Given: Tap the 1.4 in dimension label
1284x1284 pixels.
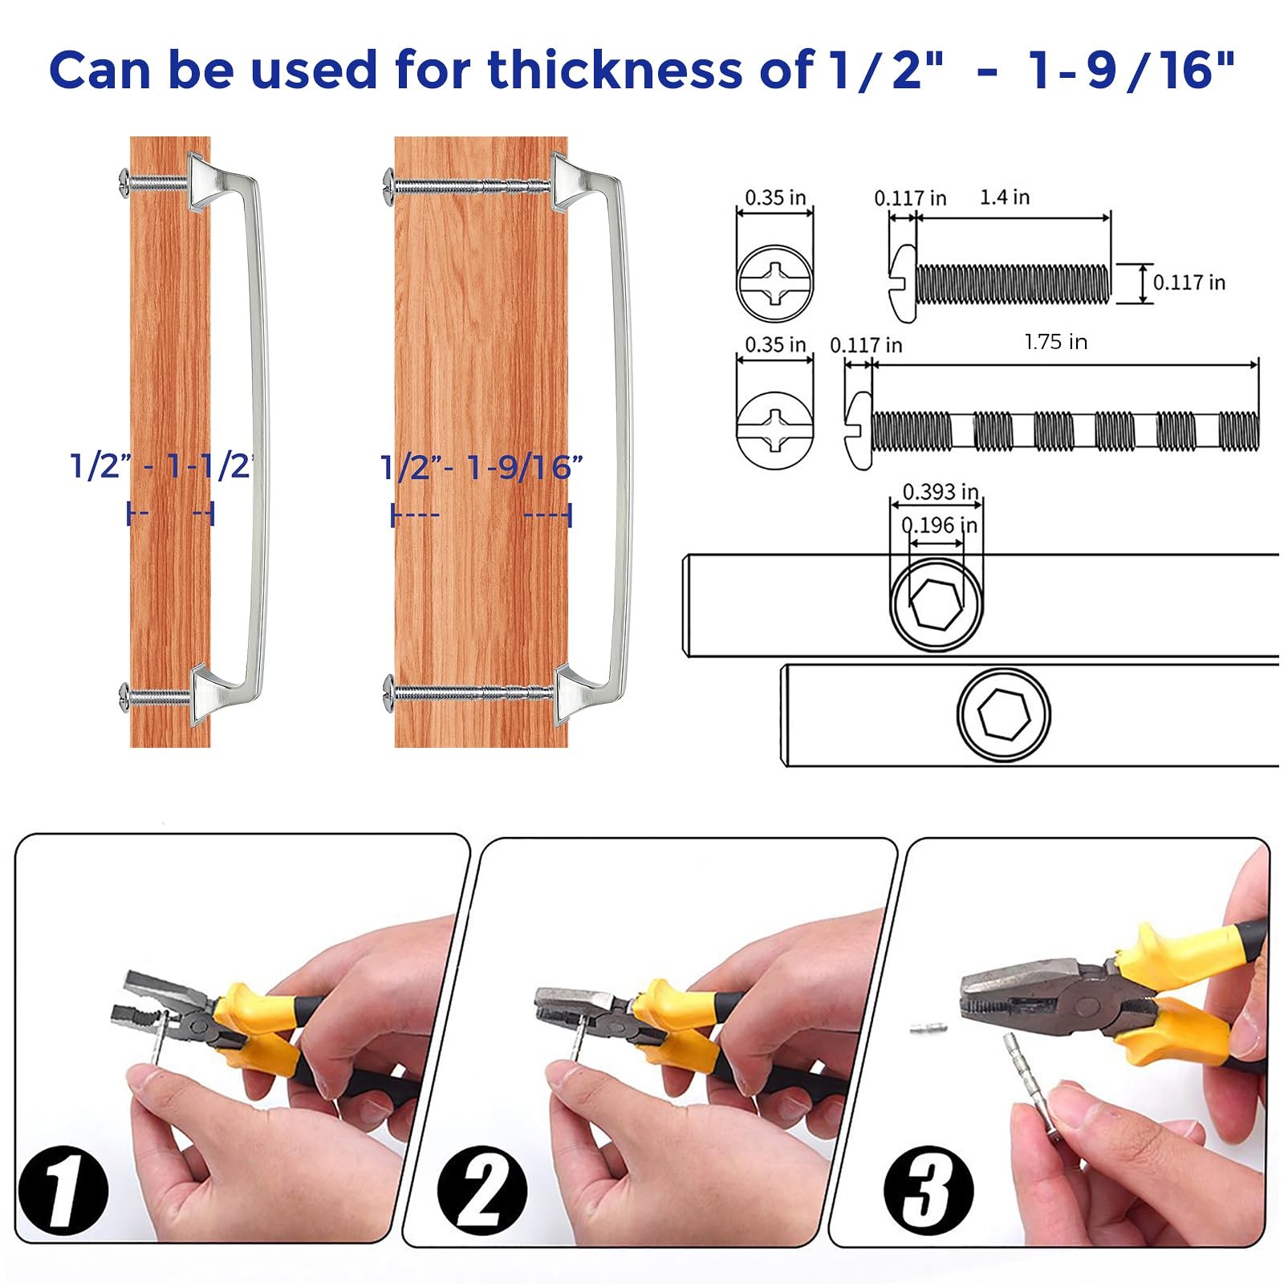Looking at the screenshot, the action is point(1004,197).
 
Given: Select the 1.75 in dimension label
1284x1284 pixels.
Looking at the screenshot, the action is point(1055,342).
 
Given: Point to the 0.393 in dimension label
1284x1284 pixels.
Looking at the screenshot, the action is point(940,491).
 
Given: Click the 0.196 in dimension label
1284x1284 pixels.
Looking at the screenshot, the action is point(940,525).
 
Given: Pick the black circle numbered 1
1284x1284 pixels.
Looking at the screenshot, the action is point(63,1192).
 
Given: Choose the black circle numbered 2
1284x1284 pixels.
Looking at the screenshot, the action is point(482,1190).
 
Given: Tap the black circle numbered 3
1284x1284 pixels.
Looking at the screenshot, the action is point(928,1190).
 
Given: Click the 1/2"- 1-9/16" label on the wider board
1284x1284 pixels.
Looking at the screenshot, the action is point(481,467).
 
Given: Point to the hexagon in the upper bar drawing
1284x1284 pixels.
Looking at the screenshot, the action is point(936,602).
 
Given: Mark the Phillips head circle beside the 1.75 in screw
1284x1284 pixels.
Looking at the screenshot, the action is point(774,429).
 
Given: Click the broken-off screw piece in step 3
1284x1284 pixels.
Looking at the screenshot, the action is point(929,1028).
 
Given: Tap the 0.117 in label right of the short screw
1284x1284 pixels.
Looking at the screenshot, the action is point(1189,282).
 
